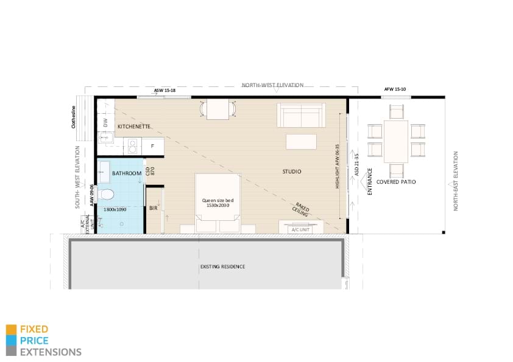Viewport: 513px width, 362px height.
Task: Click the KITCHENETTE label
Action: coord(134,127)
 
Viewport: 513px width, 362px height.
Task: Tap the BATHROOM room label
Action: coord(127,173)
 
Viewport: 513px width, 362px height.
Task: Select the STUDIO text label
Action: coord(291,172)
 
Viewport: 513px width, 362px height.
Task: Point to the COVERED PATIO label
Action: coord(396,182)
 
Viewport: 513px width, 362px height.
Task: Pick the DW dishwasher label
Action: coord(105,123)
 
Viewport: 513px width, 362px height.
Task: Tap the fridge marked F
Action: coord(152,146)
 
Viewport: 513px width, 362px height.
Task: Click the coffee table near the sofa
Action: coord(302,141)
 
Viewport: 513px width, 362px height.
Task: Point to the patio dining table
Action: coord(396,141)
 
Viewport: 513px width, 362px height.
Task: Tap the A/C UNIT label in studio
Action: coord(301,229)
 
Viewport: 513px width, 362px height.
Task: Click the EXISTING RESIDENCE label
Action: coord(222,266)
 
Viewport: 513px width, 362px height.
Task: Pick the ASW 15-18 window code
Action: coord(165,91)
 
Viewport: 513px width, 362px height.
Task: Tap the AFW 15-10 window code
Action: coord(395,89)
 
